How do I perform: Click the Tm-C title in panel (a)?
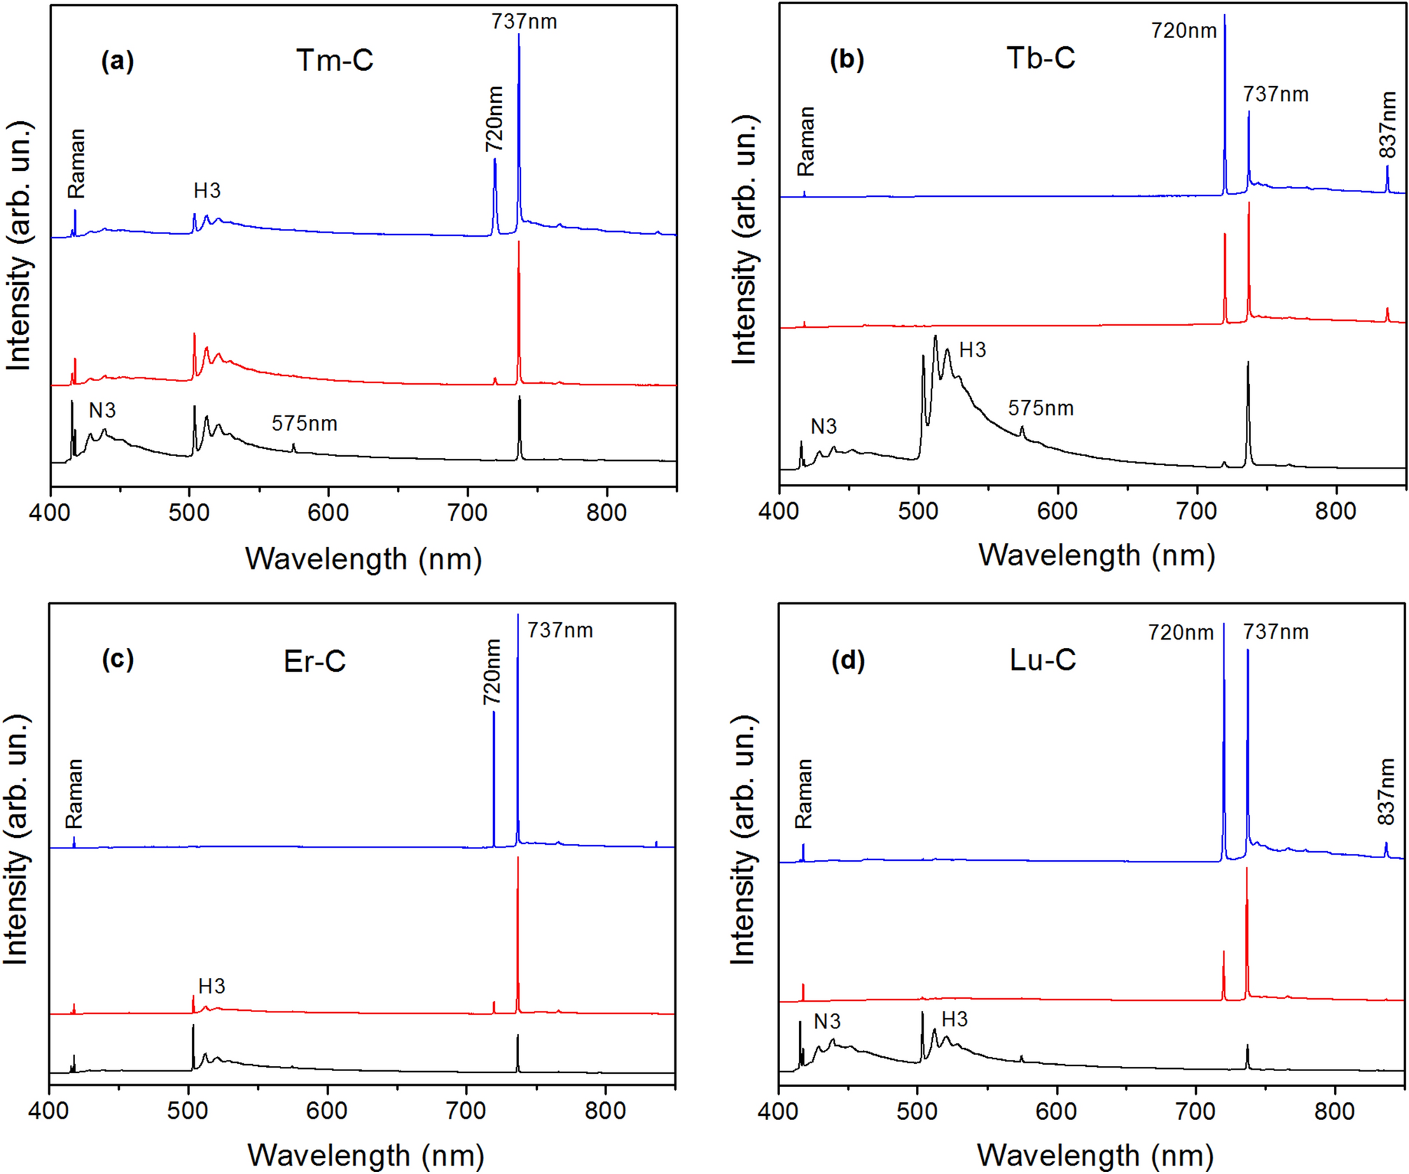[334, 60]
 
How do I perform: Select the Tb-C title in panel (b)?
[1041, 57]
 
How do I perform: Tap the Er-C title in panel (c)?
[314, 661]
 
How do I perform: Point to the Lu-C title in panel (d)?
[1043, 660]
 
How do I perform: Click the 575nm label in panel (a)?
[305, 424]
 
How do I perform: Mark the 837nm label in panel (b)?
[1387, 126]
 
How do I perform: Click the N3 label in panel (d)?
[827, 1022]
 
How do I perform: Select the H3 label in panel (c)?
[211, 986]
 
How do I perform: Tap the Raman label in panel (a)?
[76, 163]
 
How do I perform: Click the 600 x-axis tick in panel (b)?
[1057, 511]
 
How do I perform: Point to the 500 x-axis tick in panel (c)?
[188, 1111]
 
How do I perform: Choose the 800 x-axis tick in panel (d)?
[1335, 1112]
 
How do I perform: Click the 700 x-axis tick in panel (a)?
[467, 513]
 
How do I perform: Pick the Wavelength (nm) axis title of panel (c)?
[366, 1155]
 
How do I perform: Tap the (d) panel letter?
[847, 661]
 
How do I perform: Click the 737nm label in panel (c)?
[560, 630]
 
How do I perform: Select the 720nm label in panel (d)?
[1181, 633]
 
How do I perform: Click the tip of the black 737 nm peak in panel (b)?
[1248, 363]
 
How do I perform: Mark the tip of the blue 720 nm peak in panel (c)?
[494, 712]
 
